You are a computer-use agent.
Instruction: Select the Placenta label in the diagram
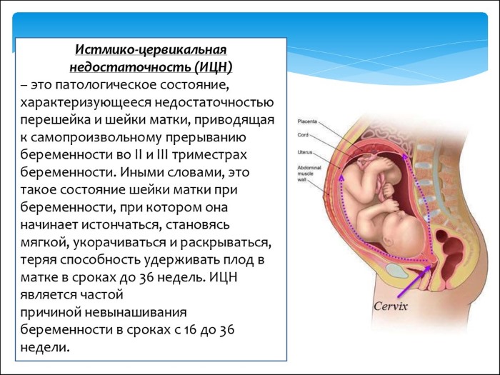[x=308, y=122]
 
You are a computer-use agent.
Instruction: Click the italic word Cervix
[x=392, y=306]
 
